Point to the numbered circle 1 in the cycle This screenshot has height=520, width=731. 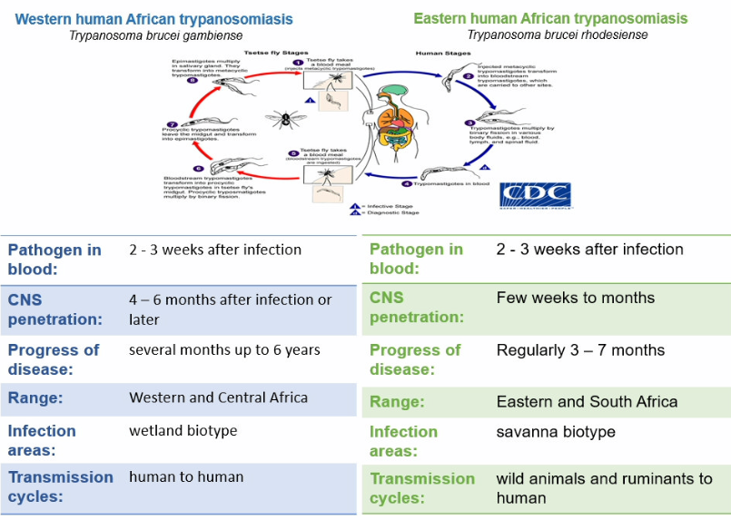(x=297, y=62)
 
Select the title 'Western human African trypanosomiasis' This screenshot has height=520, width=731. (x=154, y=19)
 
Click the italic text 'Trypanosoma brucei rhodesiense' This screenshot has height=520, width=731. (x=558, y=35)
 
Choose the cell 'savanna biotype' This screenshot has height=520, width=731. (x=556, y=432)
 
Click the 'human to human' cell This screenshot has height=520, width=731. (x=186, y=476)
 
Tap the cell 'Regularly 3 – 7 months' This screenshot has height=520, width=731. (x=580, y=350)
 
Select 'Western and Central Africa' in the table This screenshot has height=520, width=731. (x=218, y=397)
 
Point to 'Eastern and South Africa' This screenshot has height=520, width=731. (x=587, y=401)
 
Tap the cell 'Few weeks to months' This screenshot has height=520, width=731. (x=575, y=298)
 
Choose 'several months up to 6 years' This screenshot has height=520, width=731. (x=224, y=349)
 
